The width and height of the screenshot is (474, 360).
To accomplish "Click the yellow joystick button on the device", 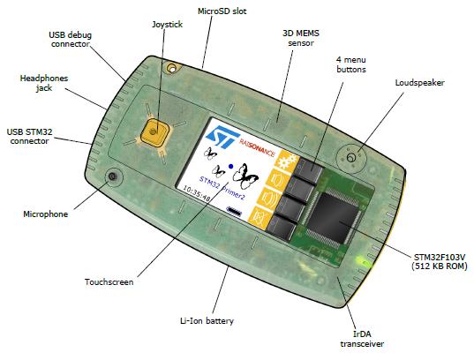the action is point(154,132).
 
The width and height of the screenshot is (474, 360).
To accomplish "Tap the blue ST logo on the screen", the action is point(222,138).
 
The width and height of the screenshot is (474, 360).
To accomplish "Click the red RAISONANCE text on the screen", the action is point(257,147).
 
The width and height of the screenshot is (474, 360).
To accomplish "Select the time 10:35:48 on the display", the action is point(197,193).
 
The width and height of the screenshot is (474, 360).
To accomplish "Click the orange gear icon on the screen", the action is point(285,161).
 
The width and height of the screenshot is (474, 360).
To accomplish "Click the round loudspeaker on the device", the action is point(351,158).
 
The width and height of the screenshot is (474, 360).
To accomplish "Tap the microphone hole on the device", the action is point(113,176).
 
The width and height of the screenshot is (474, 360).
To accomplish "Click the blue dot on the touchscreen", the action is point(231,166).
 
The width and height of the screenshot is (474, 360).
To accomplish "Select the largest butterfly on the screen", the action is point(245,176).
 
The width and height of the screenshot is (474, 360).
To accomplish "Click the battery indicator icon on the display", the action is point(234,211).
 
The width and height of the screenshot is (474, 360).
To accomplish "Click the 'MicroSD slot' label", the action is point(222,11).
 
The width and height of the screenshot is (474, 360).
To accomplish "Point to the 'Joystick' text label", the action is point(167,24).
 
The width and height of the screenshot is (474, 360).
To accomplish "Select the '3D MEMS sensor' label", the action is point(301,38).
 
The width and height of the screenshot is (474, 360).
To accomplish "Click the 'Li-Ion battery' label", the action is point(207,320).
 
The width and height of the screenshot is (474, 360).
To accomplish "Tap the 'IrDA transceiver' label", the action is point(362,339).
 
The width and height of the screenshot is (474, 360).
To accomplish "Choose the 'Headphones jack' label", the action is point(44,83).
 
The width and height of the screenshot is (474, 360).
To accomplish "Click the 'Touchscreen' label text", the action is point(109,282).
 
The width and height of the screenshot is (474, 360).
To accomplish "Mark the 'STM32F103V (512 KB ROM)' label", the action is point(440,262).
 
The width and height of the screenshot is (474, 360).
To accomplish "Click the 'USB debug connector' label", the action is point(70,40).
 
